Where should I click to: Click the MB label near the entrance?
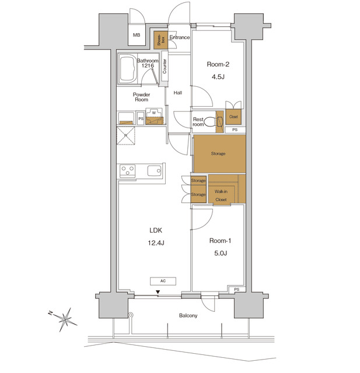pos(137,36)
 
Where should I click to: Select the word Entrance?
pos(180,38)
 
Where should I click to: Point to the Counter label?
pos(165,66)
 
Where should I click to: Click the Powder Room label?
pos(141,97)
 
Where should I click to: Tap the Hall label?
pos(178,92)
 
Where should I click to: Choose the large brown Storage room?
pos(219,154)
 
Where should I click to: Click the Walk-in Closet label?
pos(221,195)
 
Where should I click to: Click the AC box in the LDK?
pos(163,281)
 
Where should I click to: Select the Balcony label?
pos(188,316)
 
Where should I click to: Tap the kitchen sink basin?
pos(155,171)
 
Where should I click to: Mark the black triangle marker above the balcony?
pos(158,292)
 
